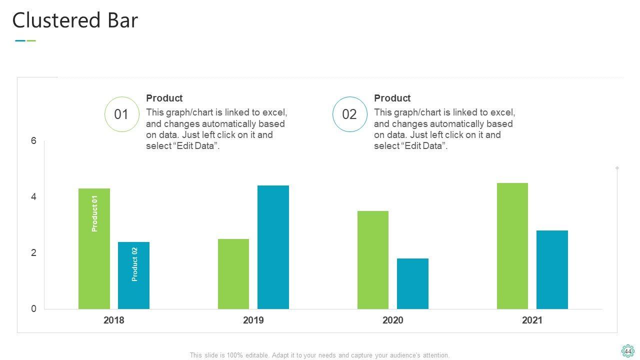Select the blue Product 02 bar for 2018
133,275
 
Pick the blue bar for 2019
273,247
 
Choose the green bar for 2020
373,260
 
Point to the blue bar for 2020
412,283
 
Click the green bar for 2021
512,246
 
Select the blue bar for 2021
552,269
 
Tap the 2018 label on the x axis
114,320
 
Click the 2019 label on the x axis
253,320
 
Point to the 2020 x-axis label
393,320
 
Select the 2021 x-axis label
532,320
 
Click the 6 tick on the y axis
34,141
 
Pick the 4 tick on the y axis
34,197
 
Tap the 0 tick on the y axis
34,309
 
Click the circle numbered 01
121,114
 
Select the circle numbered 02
349,114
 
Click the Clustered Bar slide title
75,21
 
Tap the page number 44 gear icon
627,351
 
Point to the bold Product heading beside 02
392,98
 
